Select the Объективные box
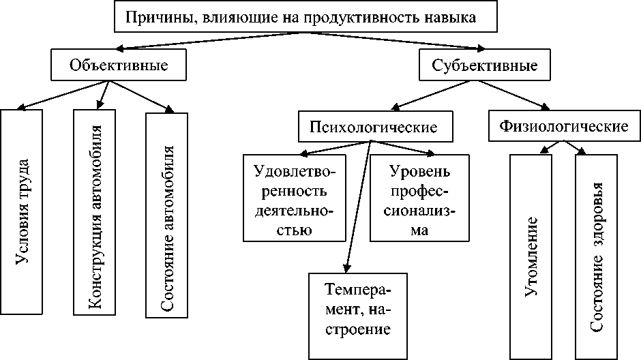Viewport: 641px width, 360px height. (x=119, y=65)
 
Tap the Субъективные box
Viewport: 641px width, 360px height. (x=484, y=65)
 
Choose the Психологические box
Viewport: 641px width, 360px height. (x=375, y=126)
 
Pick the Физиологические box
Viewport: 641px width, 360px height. (x=564, y=126)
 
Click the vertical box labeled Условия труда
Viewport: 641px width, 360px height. (x=21, y=211)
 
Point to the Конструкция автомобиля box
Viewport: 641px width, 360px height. (x=94, y=213)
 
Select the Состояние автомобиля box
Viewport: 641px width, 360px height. (x=167, y=215)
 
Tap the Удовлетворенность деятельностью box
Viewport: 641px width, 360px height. (x=295, y=198)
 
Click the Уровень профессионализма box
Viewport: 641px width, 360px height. (x=419, y=198)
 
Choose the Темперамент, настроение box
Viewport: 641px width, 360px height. (x=358, y=316)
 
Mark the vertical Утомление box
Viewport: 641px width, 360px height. (x=531, y=257)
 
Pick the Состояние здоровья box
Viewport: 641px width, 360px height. (x=597, y=257)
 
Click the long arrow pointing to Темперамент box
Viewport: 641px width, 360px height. (x=358, y=207)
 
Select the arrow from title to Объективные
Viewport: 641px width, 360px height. (x=210, y=41)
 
